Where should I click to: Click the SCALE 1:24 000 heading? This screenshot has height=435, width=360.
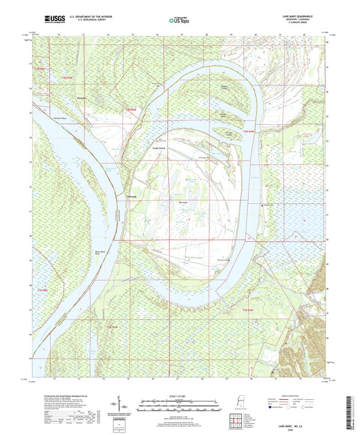(180, 396)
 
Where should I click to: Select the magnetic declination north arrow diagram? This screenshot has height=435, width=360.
(129, 407)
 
